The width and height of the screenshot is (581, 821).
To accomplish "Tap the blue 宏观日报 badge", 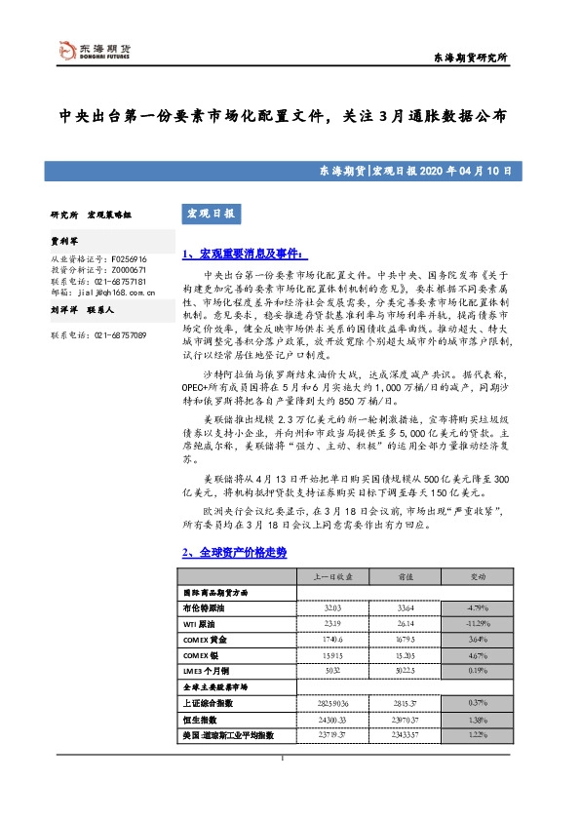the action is point(209,213).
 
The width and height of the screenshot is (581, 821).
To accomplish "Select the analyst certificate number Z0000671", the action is point(122,270).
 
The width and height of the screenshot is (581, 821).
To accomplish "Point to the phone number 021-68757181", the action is point(121,280).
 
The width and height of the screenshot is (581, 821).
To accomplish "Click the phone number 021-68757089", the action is point(121,335).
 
